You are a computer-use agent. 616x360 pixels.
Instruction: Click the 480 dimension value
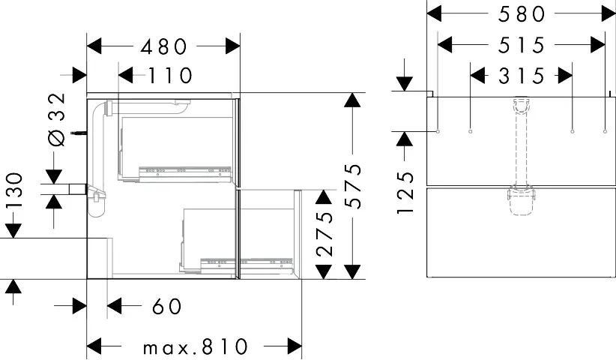point(163,46)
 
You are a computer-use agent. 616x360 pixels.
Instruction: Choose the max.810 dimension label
point(196,346)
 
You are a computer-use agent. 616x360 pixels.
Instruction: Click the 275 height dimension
point(322,234)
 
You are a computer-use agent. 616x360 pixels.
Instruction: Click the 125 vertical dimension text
point(405,193)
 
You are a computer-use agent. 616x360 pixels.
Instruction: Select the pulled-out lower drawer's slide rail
point(268,262)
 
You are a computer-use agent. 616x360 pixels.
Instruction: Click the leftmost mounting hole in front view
point(437,132)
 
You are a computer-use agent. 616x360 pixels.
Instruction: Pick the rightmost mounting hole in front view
point(604,132)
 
